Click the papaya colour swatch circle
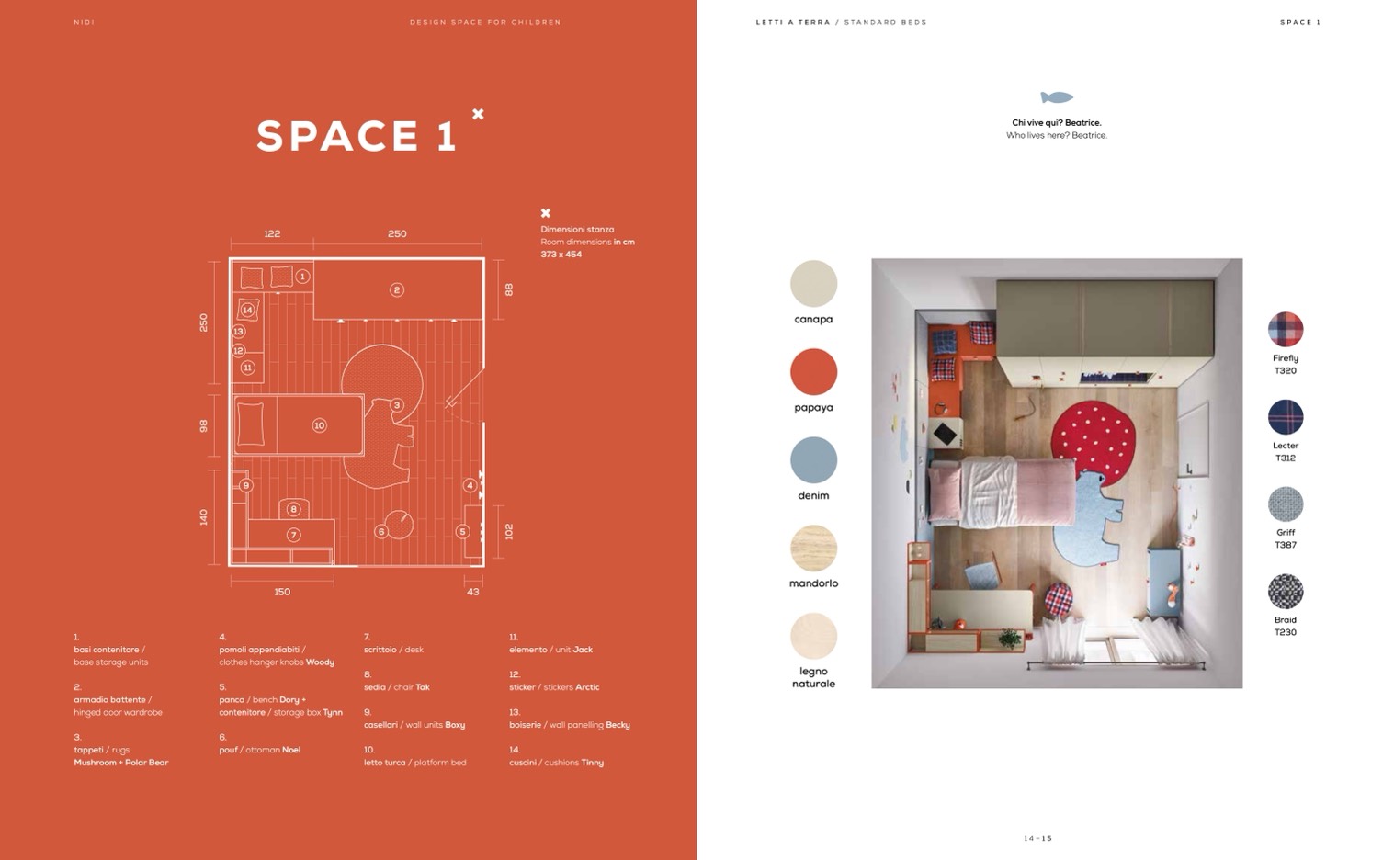[813, 371]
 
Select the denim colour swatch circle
[813, 460]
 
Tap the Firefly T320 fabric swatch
[1285, 329]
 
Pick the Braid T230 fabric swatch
[1285, 591]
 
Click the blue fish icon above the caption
[1057, 97]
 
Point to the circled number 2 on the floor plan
[396, 290]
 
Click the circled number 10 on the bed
[319, 425]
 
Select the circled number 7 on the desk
[294, 535]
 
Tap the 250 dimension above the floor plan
[397, 234]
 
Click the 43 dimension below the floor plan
[473, 592]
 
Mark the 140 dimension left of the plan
[203, 517]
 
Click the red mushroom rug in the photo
[1094, 438]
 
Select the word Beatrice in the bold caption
[1082, 122]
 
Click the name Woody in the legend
[320, 662]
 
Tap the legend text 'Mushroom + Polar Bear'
[120, 763]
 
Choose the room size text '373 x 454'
[561, 255]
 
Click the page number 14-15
[1037, 838]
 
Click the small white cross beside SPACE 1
[478, 114]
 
